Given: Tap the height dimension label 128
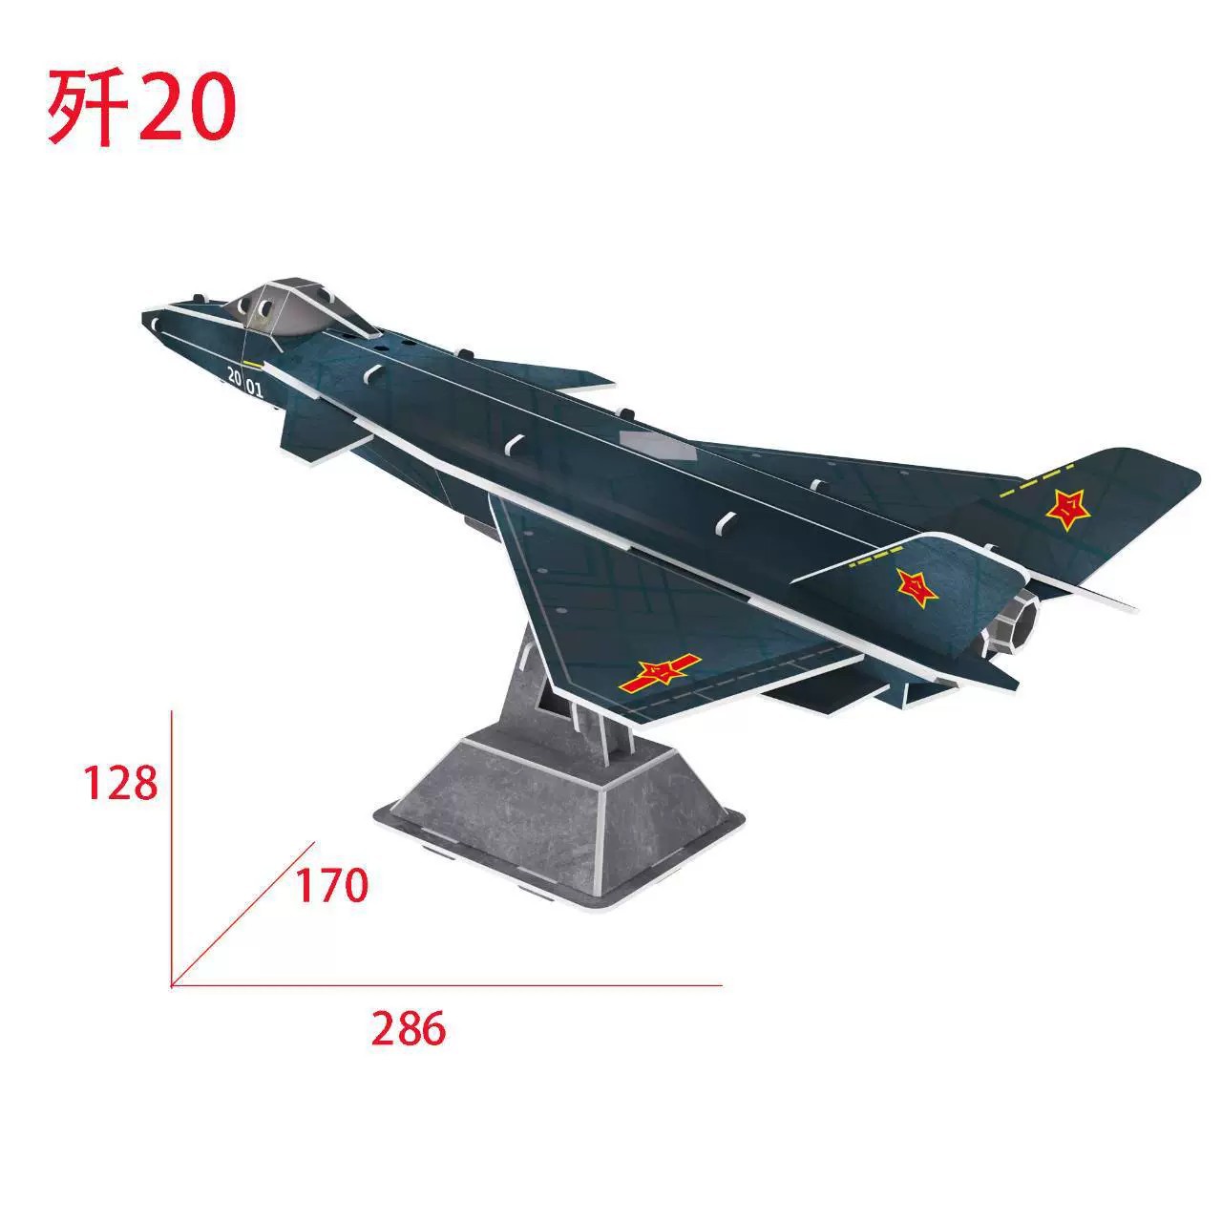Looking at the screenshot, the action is (119, 784).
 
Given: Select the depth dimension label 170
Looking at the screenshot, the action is (330, 887).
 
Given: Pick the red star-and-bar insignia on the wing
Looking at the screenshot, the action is (659, 674).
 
